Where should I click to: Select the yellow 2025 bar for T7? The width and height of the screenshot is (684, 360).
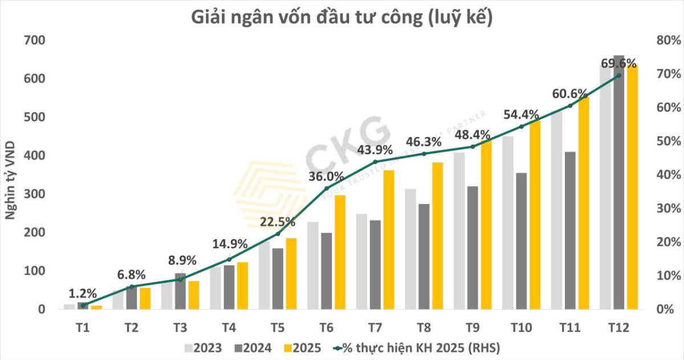pyautogui.click(x=389, y=239)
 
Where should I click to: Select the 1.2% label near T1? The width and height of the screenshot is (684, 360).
pyautogui.click(x=83, y=294)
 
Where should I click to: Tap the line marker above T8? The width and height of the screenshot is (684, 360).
pyautogui.click(x=424, y=154)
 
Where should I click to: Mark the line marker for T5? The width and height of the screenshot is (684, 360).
pyautogui.click(x=278, y=234)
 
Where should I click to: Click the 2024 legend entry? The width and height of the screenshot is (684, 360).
pyautogui.click(x=251, y=347)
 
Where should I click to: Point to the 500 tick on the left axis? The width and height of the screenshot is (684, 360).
pyautogui.click(x=35, y=117)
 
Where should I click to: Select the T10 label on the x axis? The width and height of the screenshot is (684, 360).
pyautogui.click(x=521, y=328)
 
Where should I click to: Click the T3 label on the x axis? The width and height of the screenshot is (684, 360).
pyautogui.click(x=180, y=328)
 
